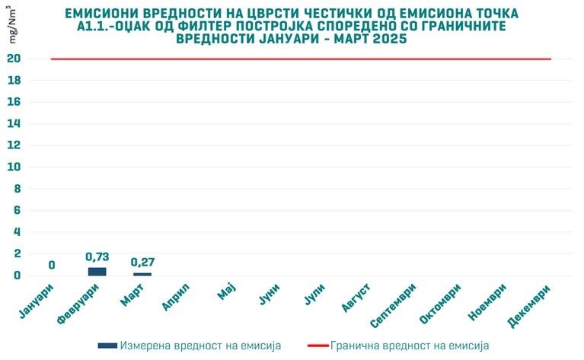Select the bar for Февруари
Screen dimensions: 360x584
pos(97,272)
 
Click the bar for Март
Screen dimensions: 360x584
pos(142,274)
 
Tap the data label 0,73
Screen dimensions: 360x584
pos(97,258)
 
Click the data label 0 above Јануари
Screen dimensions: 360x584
pos(52,266)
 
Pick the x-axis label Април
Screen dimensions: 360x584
pos(176,296)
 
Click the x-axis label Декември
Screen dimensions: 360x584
pos(528,302)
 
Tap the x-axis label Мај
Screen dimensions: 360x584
pos(226,292)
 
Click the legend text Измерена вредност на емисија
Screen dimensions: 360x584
pos(200,346)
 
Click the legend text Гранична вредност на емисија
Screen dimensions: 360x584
pos(410,346)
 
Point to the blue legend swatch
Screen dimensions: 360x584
pos(107,346)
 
